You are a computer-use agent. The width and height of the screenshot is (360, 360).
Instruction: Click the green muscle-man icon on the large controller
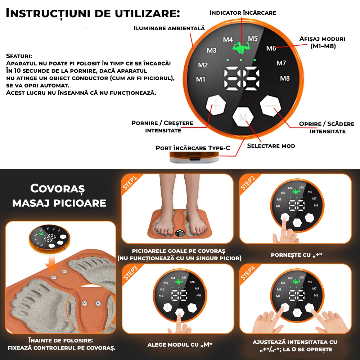click(x=240, y=48)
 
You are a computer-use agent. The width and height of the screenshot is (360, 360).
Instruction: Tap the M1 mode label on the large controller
click(x=201, y=80)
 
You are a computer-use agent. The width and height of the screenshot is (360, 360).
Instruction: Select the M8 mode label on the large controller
click(x=285, y=78)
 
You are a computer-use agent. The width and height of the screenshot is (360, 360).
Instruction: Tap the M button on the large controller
click(x=243, y=117)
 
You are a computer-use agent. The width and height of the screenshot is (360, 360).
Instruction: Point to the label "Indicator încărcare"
click(x=243, y=13)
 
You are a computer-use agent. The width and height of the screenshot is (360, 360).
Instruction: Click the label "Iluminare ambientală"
click(x=169, y=28)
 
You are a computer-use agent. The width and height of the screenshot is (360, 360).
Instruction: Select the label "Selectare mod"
click(x=271, y=146)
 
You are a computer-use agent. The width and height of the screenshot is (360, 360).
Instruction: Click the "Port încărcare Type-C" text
click(x=193, y=148)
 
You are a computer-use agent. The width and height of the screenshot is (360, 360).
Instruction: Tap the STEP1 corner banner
click(x=130, y=183)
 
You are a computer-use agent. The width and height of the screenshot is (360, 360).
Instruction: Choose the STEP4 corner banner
click(x=248, y=273)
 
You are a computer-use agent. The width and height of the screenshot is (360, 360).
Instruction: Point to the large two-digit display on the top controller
click(x=242, y=77)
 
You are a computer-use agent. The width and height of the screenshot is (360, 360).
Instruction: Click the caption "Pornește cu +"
click(x=296, y=255)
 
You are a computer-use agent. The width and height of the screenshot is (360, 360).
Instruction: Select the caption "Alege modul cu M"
click(x=180, y=345)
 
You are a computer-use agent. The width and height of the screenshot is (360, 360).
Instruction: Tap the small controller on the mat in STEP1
click(x=180, y=234)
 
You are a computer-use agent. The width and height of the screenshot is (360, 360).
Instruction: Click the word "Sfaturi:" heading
click(x=19, y=56)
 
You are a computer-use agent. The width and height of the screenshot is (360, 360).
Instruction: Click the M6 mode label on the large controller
click(x=271, y=49)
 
